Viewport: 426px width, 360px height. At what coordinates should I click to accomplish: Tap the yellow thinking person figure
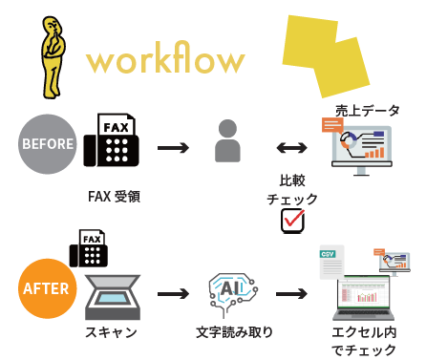[49, 56]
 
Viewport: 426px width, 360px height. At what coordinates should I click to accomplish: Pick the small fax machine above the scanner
[91, 248]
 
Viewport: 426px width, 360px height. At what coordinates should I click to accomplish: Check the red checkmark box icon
[291, 220]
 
